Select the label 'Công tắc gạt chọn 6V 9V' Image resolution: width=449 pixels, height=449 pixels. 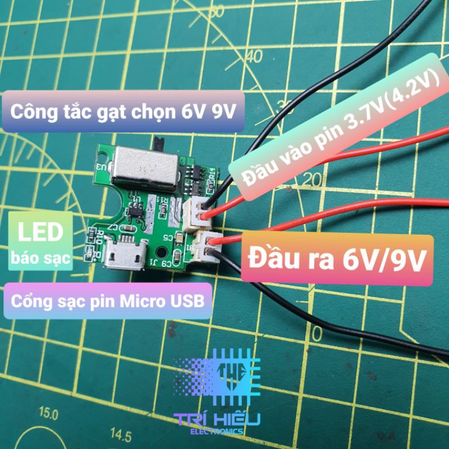pyautogui.click(x=123, y=112)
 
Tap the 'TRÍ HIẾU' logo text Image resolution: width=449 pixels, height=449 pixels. pyautogui.click(x=213, y=420)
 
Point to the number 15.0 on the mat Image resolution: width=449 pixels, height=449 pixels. pyautogui.click(x=48, y=414)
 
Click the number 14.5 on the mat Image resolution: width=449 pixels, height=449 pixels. pyautogui.click(x=121, y=434)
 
